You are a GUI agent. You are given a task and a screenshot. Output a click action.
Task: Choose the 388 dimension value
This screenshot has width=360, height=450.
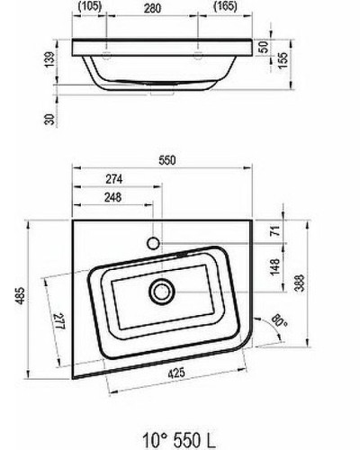coord(297,285)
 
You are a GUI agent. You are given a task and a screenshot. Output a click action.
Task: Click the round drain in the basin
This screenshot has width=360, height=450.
coord(162,291)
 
